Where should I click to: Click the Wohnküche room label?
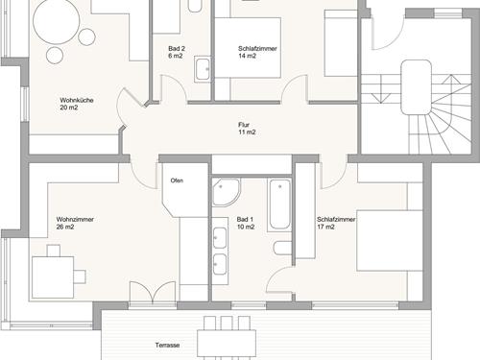(x=77, y=104)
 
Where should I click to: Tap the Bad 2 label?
(x=177, y=52)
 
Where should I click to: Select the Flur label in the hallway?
(x=247, y=129)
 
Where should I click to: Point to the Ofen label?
(x=177, y=180)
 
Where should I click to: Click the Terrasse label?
(x=167, y=345)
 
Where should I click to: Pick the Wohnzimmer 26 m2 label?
(x=75, y=223)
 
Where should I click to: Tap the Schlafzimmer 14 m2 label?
(x=257, y=52)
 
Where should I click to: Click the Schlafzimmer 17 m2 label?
(x=336, y=223)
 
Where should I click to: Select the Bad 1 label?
(x=246, y=223)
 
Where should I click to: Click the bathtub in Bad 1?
(x=279, y=204)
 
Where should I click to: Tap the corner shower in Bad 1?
(x=226, y=192)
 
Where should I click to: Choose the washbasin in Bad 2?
(x=203, y=69)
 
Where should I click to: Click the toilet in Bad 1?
(x=283, y=249)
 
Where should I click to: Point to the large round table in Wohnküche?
(x=57, y=21)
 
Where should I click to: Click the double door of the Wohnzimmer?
(x=153, y=292)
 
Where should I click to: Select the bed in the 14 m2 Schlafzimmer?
(x=248, y=48)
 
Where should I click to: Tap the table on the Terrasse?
(x=227, y=344)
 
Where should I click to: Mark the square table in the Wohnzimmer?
(x=53, y=277)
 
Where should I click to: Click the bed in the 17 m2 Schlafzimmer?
(x=390, y=241)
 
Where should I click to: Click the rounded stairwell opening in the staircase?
(x=416, y=87)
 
